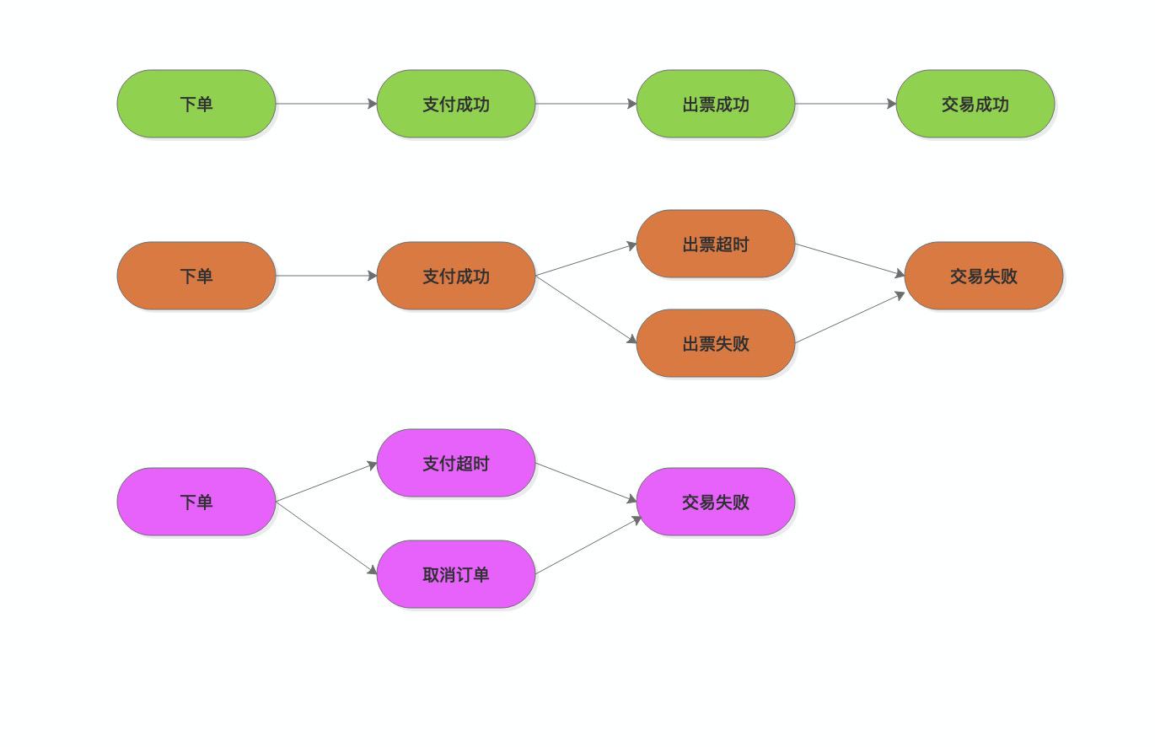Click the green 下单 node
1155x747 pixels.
pos(196,104)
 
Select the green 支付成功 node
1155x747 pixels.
pos(456,104)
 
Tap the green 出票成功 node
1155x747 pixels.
pos(716,104)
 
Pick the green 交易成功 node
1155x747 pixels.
pos(975,104)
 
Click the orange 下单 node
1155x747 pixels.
pos(196,276)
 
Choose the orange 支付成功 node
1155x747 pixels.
pos(456,276)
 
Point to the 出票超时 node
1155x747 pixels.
pos(716,244)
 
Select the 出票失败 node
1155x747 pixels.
pos(716,343)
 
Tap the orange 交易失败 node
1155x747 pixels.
pos(984,276)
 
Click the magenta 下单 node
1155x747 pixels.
pos(196,502)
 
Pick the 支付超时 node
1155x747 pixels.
pos(456,463)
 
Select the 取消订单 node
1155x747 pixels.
pos(456,574)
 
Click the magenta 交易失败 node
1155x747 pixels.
pos(716,502)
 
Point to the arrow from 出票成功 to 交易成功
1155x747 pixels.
pos(846,104)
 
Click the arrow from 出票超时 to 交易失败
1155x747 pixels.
pos(850,260)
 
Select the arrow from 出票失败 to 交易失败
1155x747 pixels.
pos(850,318)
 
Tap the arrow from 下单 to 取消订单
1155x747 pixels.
pos(326,538)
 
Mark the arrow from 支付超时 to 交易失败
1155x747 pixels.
pos(587,482)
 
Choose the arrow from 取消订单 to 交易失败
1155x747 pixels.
pos(588,545)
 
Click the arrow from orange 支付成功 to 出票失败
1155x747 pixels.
pos(586,309)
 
